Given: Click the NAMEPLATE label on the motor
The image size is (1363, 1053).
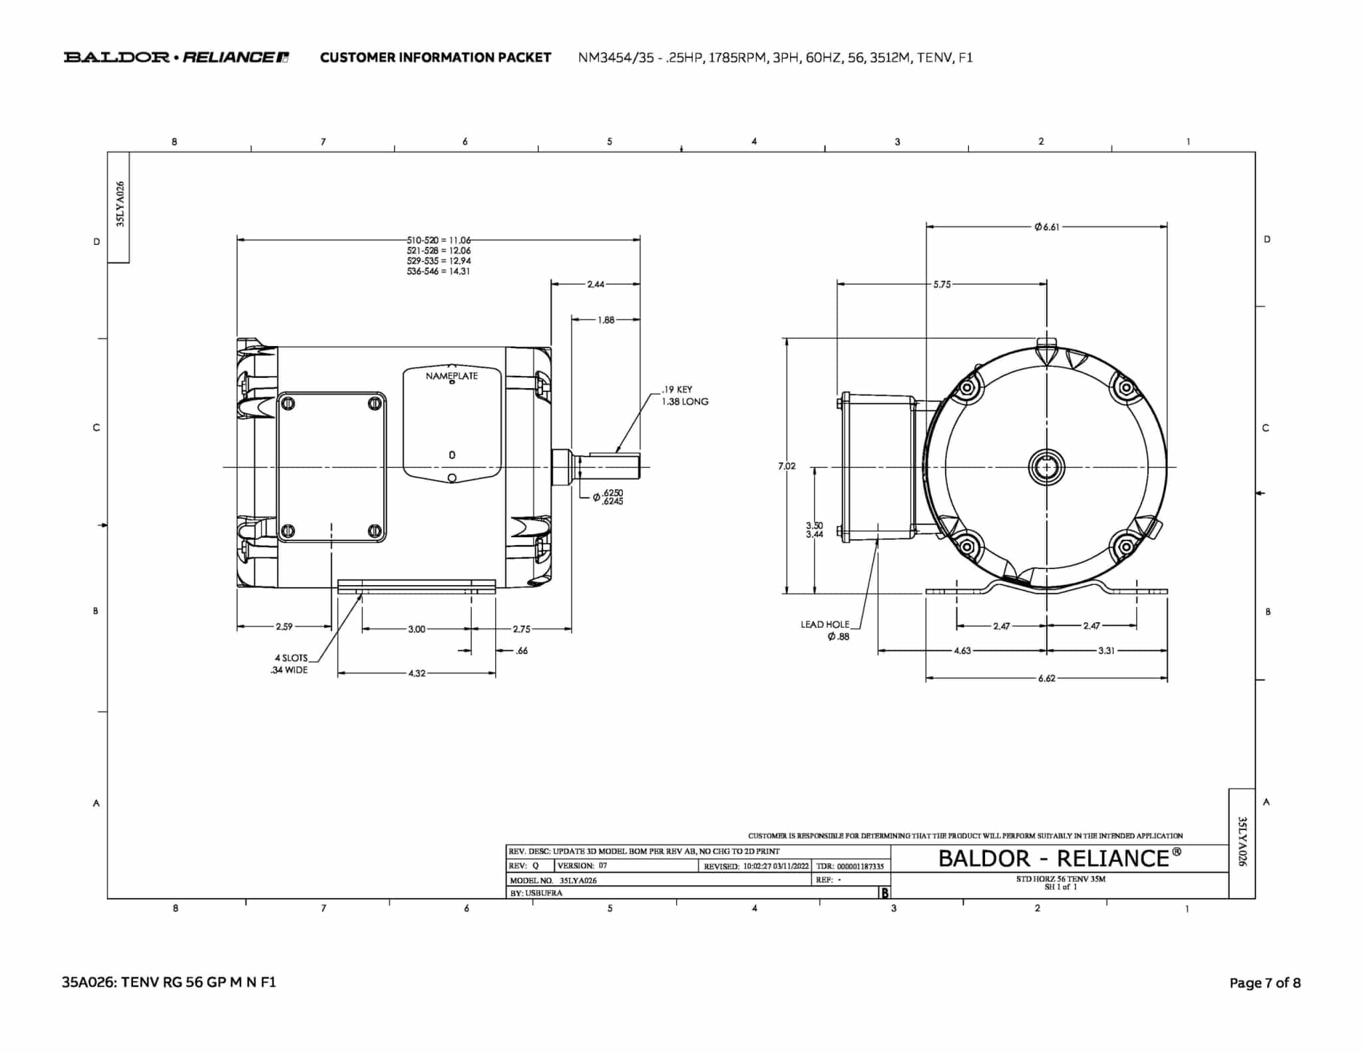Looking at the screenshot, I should click(451, 376).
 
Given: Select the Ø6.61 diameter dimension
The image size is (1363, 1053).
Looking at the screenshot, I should click(1046, 227).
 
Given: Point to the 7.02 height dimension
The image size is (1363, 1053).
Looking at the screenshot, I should click(786, 466).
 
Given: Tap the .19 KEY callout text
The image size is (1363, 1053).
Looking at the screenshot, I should click(677, 389).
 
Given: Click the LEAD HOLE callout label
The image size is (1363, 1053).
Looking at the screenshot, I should click(825, 624).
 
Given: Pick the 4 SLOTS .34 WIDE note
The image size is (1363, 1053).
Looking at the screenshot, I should click(290, 664).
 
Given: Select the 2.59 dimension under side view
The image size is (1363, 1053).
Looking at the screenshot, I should click(284, 626).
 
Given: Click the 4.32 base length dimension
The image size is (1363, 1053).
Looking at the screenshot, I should click(416, 674).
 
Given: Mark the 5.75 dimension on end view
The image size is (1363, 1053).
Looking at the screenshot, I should click(941, 284).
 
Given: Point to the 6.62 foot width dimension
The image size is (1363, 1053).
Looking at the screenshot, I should click(1046, 678).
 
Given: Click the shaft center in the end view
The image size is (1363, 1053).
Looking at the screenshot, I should click(1046, 467).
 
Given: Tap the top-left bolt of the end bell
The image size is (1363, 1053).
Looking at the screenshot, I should click(968, 387).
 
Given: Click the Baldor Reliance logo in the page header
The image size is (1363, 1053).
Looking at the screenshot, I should click(176, 57).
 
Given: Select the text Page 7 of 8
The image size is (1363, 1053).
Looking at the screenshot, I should click(1265, 982).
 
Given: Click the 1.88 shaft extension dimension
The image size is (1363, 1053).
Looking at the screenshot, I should click(606, 320).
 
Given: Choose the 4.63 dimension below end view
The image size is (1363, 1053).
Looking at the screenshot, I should click(962, 651).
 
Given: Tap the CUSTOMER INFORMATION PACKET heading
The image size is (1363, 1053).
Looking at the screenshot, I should click(435, 57).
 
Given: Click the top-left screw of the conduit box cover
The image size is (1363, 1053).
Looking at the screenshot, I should click(288, 403).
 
